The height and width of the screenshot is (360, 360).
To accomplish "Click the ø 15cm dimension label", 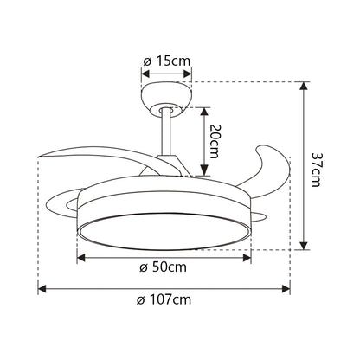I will tap(167, 61).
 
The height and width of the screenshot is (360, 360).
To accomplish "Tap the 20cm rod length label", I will tap(215, 138).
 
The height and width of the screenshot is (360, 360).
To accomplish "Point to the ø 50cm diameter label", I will tap(164, 267).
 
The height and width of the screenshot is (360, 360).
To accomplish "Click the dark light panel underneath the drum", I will tap(164, 231).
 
